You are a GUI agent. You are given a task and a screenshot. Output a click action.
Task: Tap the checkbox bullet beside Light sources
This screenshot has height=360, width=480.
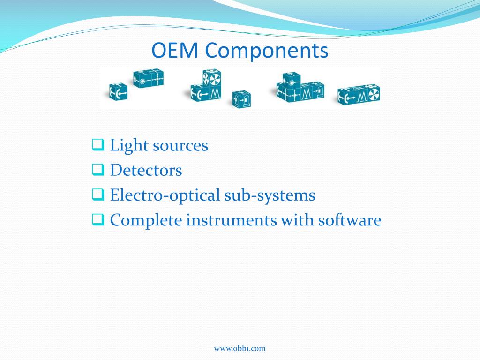click(97, 144)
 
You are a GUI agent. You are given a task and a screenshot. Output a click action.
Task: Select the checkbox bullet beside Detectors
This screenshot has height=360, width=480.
click(97, 169)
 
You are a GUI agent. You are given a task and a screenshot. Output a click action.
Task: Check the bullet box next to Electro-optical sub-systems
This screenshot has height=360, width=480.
click(97, 194)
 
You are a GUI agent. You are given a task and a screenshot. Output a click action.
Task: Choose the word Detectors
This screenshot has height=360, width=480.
click(146, 170)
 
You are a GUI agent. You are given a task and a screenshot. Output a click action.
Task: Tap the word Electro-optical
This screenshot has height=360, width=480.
click(164, 195)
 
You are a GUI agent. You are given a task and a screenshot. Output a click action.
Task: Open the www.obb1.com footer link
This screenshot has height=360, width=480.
click(240, 348)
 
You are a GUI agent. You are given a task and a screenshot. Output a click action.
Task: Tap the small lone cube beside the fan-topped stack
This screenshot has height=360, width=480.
click(242, 99)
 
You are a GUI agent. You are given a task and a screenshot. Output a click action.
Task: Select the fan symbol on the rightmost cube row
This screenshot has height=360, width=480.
click(373, 94)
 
